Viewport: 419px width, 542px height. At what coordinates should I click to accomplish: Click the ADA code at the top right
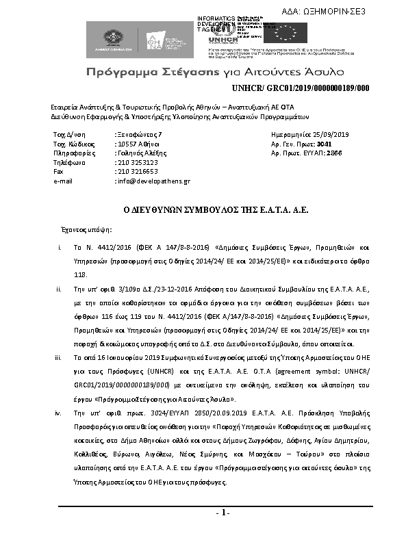pyautogui.click(x=343, y=11)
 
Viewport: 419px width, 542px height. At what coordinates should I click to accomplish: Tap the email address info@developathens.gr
pyautogui.click(x=153, y=181)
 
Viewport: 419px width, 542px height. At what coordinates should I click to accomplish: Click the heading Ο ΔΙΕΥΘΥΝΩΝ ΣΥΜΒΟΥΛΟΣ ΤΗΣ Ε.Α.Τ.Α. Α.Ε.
pyautogui.click(x=209, y=213)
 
